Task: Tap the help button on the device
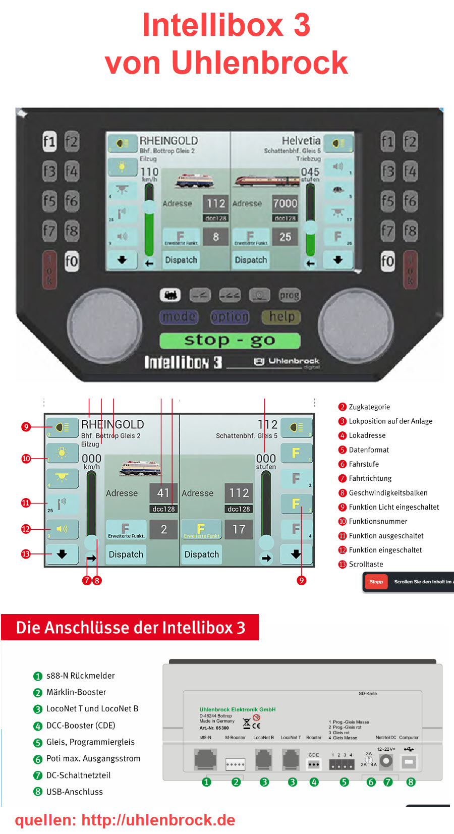(x=281, y=317)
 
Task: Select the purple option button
(x=230, y=317)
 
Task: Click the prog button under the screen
(x=290, y=295)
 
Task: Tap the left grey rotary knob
(x=105, y=325)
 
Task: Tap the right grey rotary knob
(x=356, y=325)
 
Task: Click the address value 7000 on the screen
(x=285, y=203)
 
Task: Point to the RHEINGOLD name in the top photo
(x=168, y=141)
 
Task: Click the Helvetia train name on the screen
(x=301, y=140)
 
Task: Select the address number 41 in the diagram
(x=163, y=492)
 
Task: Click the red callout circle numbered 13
(x=26, y=554)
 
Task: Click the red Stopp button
(x=376, y=582)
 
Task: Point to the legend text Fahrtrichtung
(x=370, y=478)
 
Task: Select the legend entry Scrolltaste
(x=366, y=564)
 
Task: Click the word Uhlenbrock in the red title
(x=259, y=63)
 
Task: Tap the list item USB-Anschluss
(x=74, y=792)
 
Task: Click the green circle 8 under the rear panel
(x=411, y=782)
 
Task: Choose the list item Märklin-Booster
(x=76, y=692)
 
